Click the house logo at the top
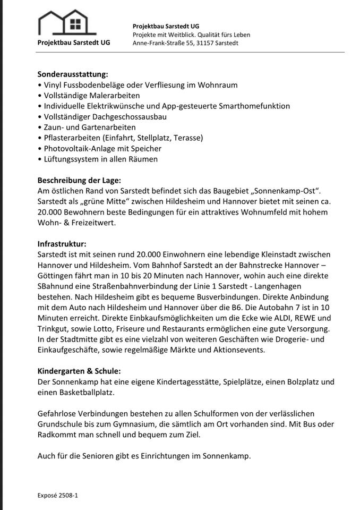[x=74, y=22]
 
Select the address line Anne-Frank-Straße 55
[x=185, y=42]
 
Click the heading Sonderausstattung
[x=73, y=74]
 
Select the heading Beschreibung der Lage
[x=79, y=180]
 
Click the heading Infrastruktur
[x=62, y=244]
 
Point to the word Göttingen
[x=58, y=276]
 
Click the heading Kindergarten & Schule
[x=79, y=371]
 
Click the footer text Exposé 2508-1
[x=58, y=495]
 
